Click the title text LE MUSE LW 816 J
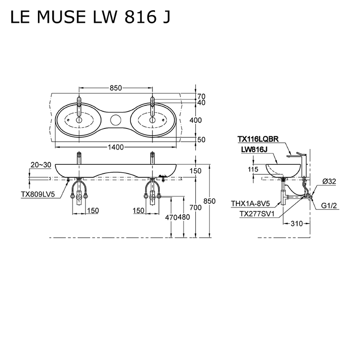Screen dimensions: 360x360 click(x=90, y=18)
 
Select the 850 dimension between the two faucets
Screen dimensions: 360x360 click(x=115, y=88)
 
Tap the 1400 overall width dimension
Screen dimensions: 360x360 click(x=115, y=147)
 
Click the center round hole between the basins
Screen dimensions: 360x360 click(x=115, y=120)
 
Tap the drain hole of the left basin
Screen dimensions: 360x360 click(x=79, y=120)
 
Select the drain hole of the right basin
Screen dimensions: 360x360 click(x=153, y=120)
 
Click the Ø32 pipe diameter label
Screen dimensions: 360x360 click(x=329, y=181)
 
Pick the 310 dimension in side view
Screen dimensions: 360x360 click(x=296, y=224)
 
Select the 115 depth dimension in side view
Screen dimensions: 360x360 click(x=254, y=169)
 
